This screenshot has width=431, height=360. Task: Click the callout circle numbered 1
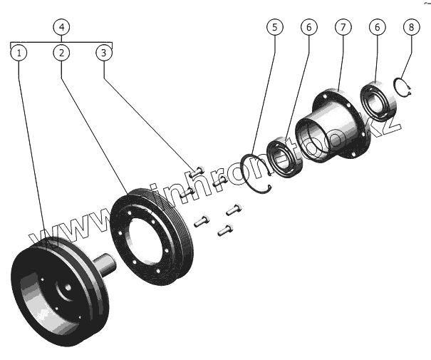click(20, 53)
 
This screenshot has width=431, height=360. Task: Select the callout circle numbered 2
click(62, 53)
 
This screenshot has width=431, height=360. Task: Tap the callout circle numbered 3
click(104, 53)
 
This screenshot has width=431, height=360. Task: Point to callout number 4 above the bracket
click(62, 27)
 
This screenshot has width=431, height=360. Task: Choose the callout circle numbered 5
click(274, 27)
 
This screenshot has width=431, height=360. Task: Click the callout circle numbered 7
click(343, 27)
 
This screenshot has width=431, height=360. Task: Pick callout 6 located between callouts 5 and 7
click(308, 27)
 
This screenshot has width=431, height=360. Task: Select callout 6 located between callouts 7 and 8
click(377, 27)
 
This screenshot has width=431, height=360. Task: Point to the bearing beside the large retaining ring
click(285, 158)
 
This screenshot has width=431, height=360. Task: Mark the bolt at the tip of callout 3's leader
click(197, 171)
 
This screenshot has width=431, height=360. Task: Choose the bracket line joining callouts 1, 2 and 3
click(62, 43)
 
